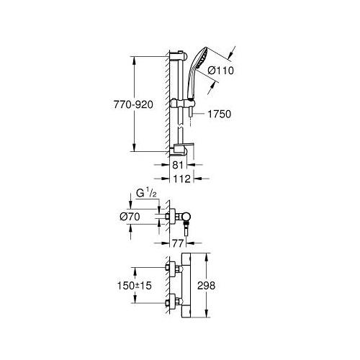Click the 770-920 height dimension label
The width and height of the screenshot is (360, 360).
[x=133, y=104]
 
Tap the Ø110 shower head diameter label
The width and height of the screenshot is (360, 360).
[x=220, y=71]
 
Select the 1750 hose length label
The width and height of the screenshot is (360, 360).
[x=219, y=114]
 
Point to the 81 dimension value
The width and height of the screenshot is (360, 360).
[x=178, y=165]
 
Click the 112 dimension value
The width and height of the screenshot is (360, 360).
[x=181, y=179]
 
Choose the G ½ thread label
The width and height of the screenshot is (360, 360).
[x=146, y=194]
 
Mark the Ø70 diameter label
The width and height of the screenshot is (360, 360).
[x=130, y=217]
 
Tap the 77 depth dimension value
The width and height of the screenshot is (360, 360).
[x=178, y=243]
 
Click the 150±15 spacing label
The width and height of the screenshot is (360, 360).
[x=135, y=286]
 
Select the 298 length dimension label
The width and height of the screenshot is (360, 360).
[x=206, y=286]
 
